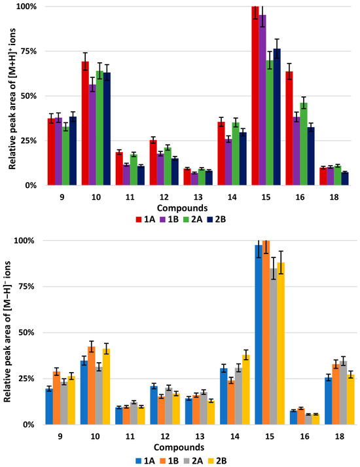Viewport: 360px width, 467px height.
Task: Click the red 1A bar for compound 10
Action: click(x=85, y=123)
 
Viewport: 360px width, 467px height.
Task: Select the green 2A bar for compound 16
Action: click(x=304, y=144)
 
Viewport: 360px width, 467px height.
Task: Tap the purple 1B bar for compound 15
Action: click(x=262, y=100)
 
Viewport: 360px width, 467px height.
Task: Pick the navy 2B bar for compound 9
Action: click(x=73, y=151)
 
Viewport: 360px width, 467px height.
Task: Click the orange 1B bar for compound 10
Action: click(x=92, y=385)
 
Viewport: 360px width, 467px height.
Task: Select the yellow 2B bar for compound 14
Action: click(x=245, y=390)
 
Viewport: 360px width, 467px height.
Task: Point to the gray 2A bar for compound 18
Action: click(x=343, y=392)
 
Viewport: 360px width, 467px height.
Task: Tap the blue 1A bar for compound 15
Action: click(x=259, y=335)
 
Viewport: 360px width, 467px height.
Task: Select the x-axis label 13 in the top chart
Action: click(x=198, y=197)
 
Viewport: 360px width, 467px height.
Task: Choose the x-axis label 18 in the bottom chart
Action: click(x=340, y=436)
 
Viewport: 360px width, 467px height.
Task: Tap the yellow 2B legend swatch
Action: click(x=209, y=460)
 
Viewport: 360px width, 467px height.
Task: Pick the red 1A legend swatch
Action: click(x=139, y=219)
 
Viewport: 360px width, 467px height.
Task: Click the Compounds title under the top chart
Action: click(x=182, y=208)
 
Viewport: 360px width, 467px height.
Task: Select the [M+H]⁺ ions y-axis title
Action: click(x=12, y=99)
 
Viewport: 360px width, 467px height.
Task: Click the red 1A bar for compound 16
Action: click(x=289, y=128)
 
